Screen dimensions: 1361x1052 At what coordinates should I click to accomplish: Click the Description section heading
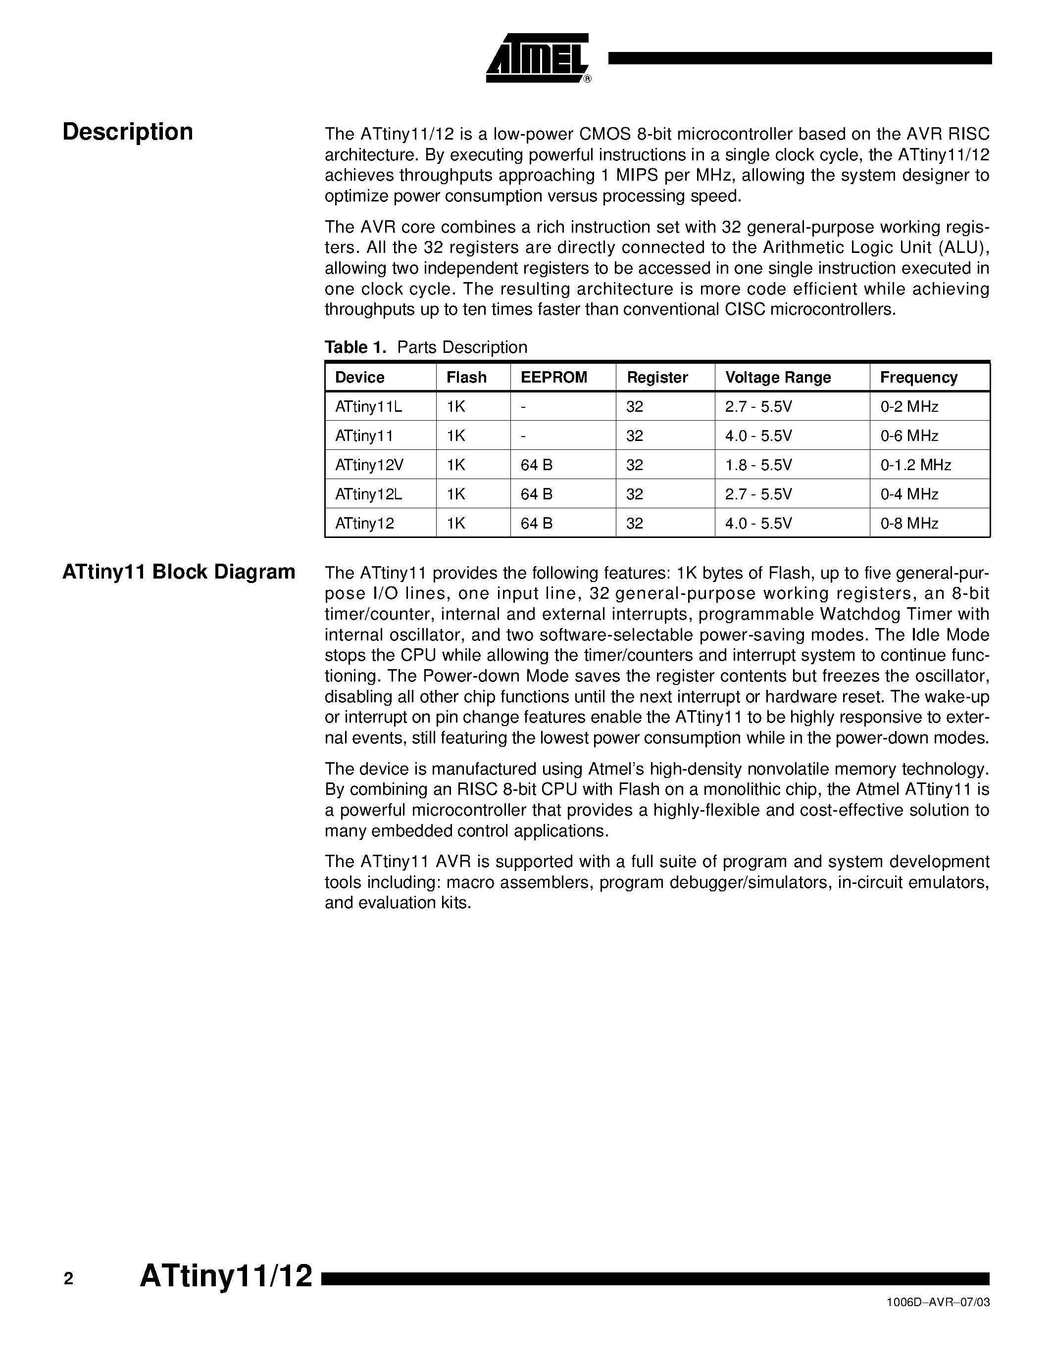click(128, 132)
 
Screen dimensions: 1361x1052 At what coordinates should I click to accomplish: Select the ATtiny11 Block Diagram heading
click(179, 572)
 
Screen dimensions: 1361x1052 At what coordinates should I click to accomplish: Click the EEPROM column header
click(553, 377)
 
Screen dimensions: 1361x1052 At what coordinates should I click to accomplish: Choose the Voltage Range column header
click(777, 377)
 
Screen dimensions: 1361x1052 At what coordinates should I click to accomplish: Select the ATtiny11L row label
click(368, 406)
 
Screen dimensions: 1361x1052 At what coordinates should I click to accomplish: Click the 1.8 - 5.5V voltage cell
click(758, 465)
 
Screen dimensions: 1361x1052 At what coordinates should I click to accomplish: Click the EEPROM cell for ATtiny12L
click(536, 494)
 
